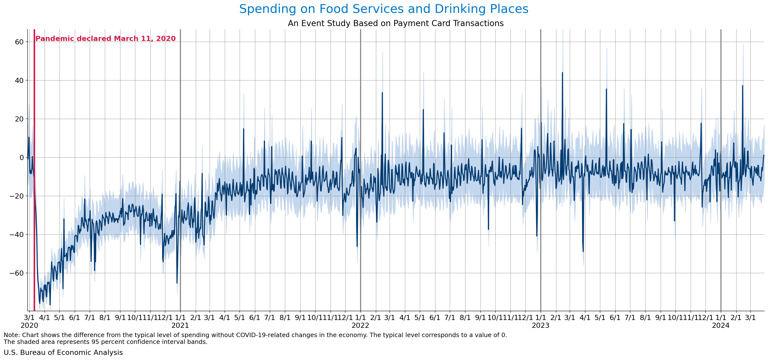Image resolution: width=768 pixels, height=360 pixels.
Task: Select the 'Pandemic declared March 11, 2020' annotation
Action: pyautogui.click(x=106, y=39)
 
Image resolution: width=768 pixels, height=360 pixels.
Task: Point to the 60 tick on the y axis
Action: pyautogui.click(x=19, y=42)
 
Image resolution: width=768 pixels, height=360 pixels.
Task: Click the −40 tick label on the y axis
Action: pyautogui.click(x=16, y=235)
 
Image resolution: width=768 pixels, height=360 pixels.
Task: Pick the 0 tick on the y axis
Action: pyautogui.click(x=21, y=158)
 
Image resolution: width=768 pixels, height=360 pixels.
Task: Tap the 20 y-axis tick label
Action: pyautogui.click(x=19, y=119)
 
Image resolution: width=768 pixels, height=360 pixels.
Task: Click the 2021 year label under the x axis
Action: pyautogui.click(x=180, y=325)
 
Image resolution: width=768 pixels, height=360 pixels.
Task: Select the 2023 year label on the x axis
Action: pyautogui.click(x=541, y=325)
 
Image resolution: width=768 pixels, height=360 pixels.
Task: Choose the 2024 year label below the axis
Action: pyautogui.click(x=721, y=325)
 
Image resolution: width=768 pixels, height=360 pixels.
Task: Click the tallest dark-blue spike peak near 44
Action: pyautogui.click(x=562, y=72)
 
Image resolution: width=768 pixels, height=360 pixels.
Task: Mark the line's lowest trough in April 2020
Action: pyautogui.click(x=50, y=305)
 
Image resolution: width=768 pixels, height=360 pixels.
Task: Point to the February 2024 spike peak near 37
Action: pyautogui.click(x=742, y=86)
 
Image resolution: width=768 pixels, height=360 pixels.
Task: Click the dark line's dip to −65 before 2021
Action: pyautogui.click(x=177, y=283)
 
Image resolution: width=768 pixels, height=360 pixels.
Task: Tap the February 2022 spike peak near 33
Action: pyautogui.click(x=382, y=93)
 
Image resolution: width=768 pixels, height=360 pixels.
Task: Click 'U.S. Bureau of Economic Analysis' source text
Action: pyautogui.click(x=63, y=352)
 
